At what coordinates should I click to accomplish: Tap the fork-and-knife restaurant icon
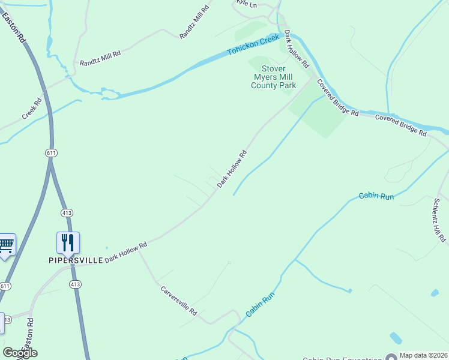[x=68, y=243]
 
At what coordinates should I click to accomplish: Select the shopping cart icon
[x=6, y=245]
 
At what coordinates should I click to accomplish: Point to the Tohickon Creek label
[x=253, y=46]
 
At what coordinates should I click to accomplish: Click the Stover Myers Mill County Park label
[x=273, y=77]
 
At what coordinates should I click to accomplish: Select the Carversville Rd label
[x=179, y=301]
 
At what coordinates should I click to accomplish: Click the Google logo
[x=20, y=353]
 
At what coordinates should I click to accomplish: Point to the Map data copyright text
[x=424, y=356]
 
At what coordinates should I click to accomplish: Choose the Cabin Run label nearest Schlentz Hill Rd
[x=376, y=196]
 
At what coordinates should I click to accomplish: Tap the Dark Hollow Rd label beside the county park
[x=297, y=48]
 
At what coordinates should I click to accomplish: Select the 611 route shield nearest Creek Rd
[x=50, y=154]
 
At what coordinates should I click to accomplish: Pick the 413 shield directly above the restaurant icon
[x=67, y=213]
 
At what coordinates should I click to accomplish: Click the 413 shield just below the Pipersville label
[x=74, y=284]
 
